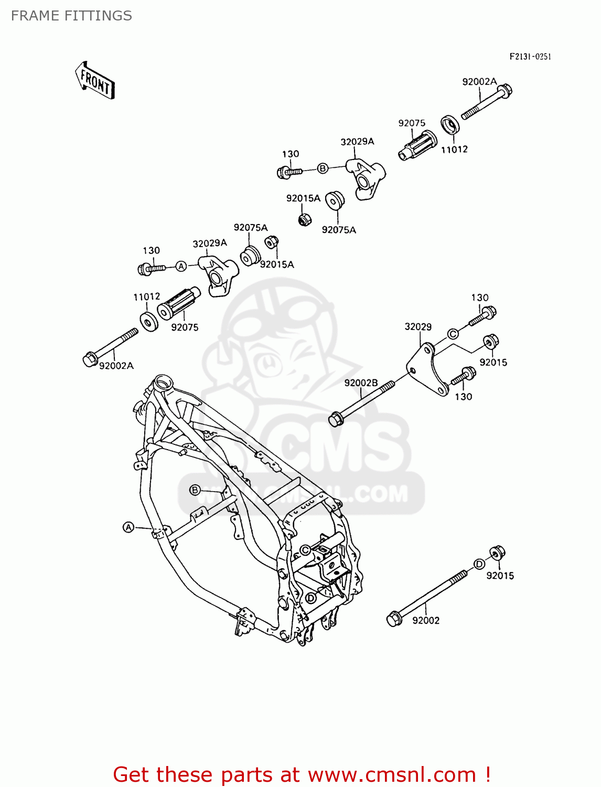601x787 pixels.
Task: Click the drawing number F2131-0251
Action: (530, 57)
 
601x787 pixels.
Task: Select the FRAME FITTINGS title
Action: (71, 16)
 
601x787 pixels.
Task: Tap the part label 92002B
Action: (361, 383)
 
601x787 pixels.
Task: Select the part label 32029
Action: (418, 327)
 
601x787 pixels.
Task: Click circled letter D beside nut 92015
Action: (479, 564)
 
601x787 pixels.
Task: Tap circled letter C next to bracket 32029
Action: (453, 334)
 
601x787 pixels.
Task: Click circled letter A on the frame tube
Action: (128, 527)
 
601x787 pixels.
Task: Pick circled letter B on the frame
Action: (195, 490)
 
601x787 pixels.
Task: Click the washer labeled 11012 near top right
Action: (449, 125)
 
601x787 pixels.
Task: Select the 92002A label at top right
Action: (479, 82)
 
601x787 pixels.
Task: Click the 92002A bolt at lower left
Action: (110, 346)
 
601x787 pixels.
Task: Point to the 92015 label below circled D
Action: (500, 576)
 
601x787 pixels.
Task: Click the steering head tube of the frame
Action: (163, 382)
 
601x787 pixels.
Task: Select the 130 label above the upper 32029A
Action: (291, 154)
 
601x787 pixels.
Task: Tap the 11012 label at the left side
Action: (147, 297)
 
